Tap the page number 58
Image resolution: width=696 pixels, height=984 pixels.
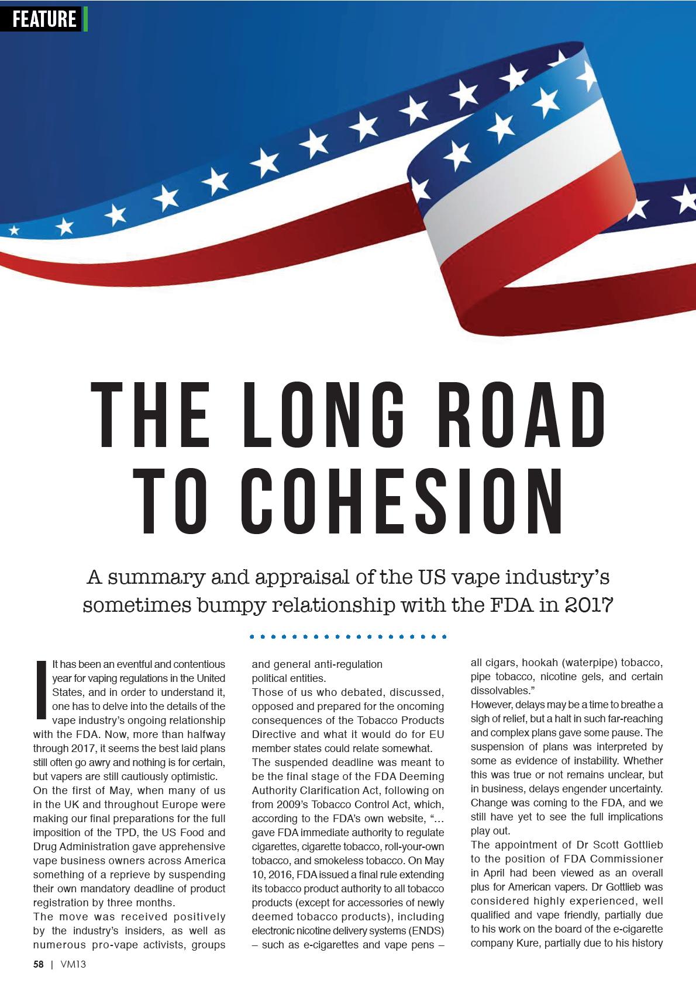pos(38,965)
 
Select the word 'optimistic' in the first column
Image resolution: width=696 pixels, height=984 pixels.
pos(189,777)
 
